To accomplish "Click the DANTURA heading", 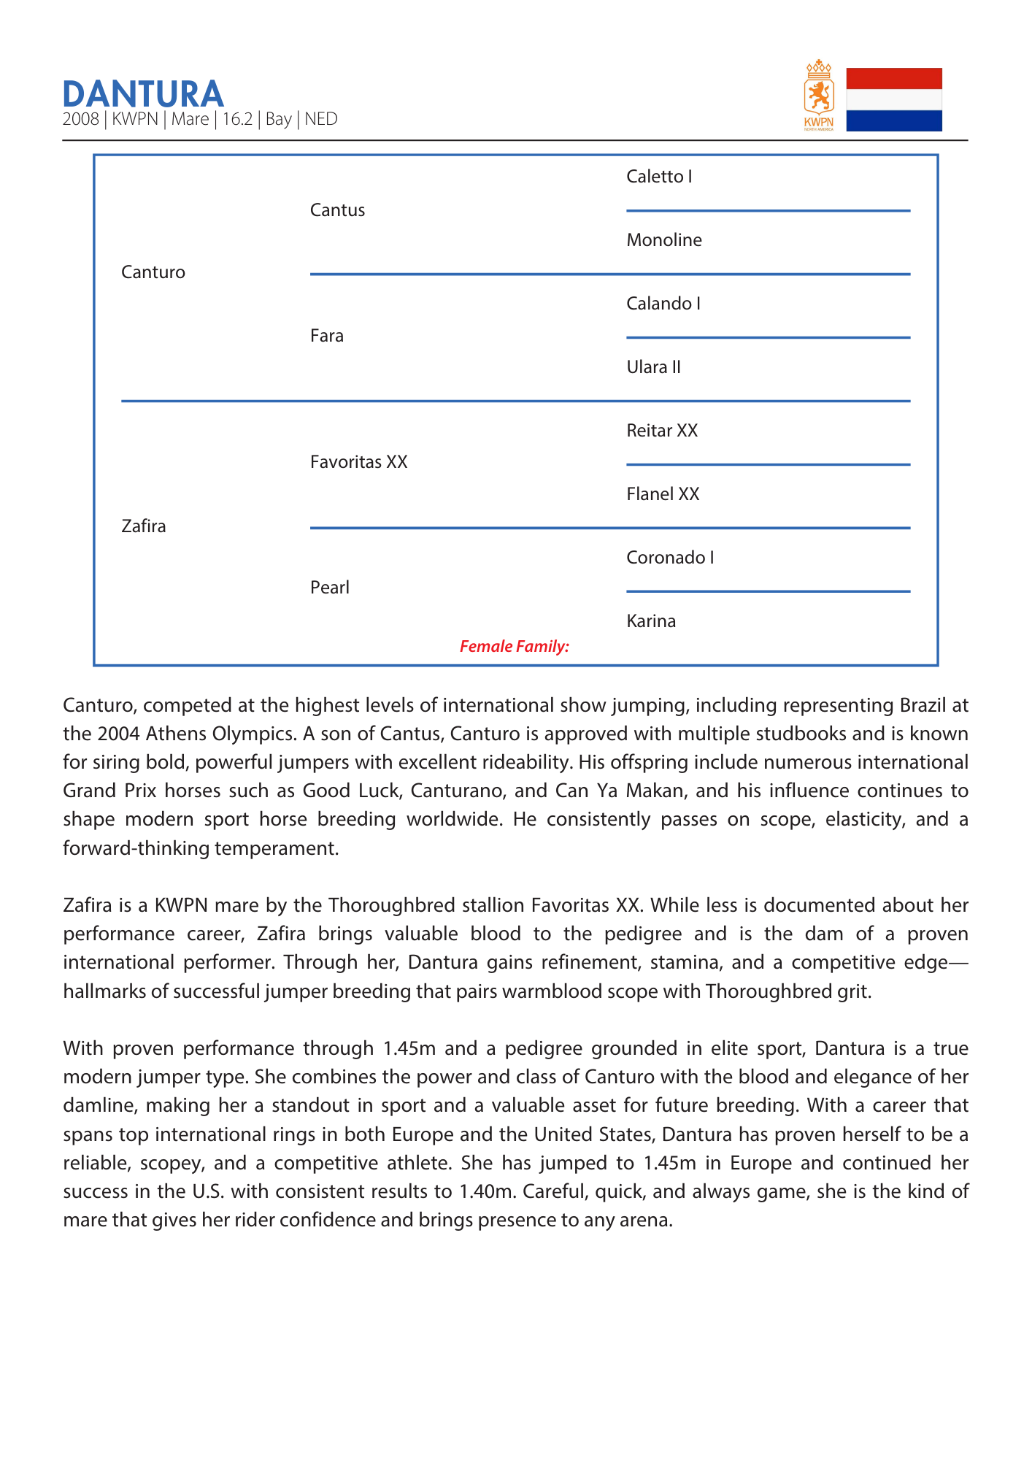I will (143, 94).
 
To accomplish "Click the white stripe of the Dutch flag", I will (894, 100).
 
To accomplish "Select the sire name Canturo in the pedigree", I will (153, 272).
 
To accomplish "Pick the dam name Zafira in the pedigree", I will (144, 526).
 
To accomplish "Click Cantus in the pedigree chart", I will (337, 210).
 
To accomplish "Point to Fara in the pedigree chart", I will (327, 336).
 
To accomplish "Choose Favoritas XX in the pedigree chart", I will (358, 462).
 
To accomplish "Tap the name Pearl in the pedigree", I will (330, 588).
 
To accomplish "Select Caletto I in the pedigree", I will (659, 177).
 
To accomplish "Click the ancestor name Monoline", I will (664, 240).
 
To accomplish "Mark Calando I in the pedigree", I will (663, 304).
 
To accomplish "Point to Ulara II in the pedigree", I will (653, 367).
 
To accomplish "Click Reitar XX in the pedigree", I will (662, 431).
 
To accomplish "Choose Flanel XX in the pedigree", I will (663, 494).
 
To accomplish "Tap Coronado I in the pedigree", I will (670, 558).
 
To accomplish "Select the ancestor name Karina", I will (651, 621).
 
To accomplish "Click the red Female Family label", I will (515, 647).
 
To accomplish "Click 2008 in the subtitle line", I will (80, 120).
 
